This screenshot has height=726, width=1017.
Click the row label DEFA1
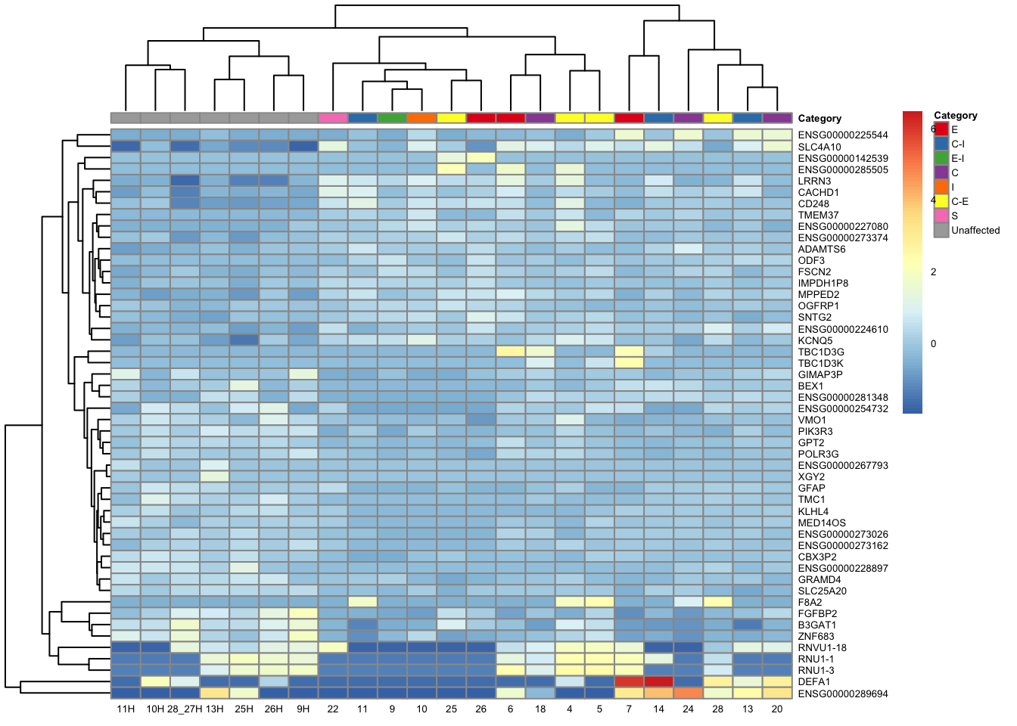coord(814,682)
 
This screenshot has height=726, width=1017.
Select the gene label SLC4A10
coord(820,147)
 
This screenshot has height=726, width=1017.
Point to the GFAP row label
coord(811,489)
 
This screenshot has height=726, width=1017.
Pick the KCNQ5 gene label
coord(815,340)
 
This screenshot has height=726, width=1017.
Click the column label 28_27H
coord(185,709)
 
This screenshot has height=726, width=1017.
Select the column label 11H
coord(126,709)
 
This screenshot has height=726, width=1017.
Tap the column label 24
coord(688,709)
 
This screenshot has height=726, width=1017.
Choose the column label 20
coord(777,709)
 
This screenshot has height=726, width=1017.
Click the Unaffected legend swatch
coord(941,231)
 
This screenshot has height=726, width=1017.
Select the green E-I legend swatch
coord(941,158)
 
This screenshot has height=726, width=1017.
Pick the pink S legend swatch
coord(941,216)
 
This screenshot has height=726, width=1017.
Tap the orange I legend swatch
coord(941,187)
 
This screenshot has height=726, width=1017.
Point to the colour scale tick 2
coord(933,272)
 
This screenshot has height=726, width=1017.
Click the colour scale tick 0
coord(933,344)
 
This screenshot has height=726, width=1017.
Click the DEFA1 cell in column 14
coord(658,681)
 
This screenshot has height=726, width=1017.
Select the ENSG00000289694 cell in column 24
coord(688,693)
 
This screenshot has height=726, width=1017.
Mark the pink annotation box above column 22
coord(333,118)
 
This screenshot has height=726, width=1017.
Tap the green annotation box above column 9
coord(392,118)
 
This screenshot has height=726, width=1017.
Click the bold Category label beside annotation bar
coord(820,119)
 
